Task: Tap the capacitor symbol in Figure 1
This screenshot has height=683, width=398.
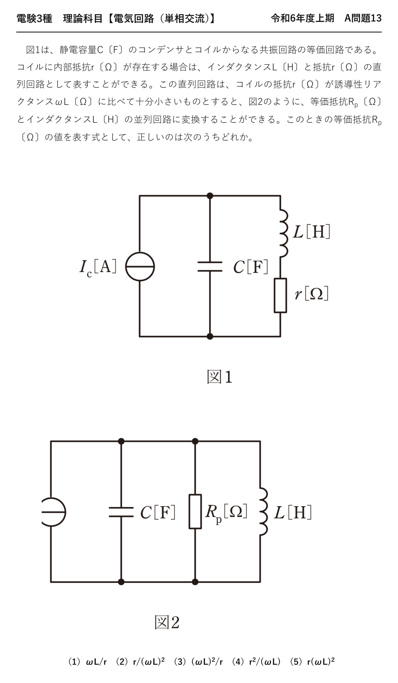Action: pos(210,267)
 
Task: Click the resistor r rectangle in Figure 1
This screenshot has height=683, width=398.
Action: pos(280,295)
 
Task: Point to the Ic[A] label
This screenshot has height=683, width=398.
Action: pos(98,268)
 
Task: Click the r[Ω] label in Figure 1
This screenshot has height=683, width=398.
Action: pos(312,293)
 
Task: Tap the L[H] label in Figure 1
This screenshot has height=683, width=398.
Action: pos(312,232)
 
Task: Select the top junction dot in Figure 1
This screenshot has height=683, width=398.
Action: pos(210,196)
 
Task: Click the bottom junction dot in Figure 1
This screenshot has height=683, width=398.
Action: pos(210,336)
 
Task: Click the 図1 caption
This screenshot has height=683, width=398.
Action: pos(220,377)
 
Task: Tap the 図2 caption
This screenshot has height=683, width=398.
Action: pos(167,622)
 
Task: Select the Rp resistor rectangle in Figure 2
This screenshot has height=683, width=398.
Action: pos(195,511)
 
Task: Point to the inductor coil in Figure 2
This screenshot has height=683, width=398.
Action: pos(263,511)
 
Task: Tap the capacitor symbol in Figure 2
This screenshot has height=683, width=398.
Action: pos(121,512)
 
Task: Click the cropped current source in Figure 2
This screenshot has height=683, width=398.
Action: pos(54,512)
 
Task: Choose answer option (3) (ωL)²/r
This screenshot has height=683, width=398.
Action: pos(198,662)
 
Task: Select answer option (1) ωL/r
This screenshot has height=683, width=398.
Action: pos(87,662)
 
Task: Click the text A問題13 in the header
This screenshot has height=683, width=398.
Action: pos(363,18)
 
